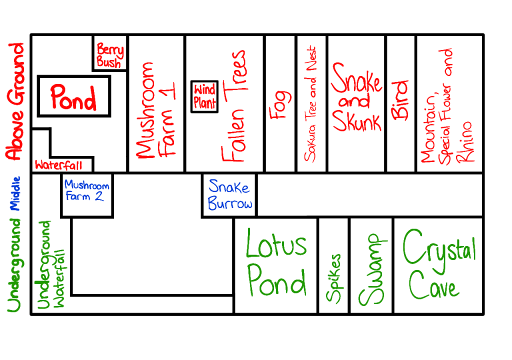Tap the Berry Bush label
[109, 55]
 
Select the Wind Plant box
[205, 96]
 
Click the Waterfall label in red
[58, 164]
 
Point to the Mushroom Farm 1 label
[155, 110]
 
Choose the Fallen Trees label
[233, 106]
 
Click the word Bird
[400, 100]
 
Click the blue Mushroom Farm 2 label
[86, 190]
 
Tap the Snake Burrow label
[230, 195]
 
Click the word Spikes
[334, 278]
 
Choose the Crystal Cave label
[439, 263]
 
